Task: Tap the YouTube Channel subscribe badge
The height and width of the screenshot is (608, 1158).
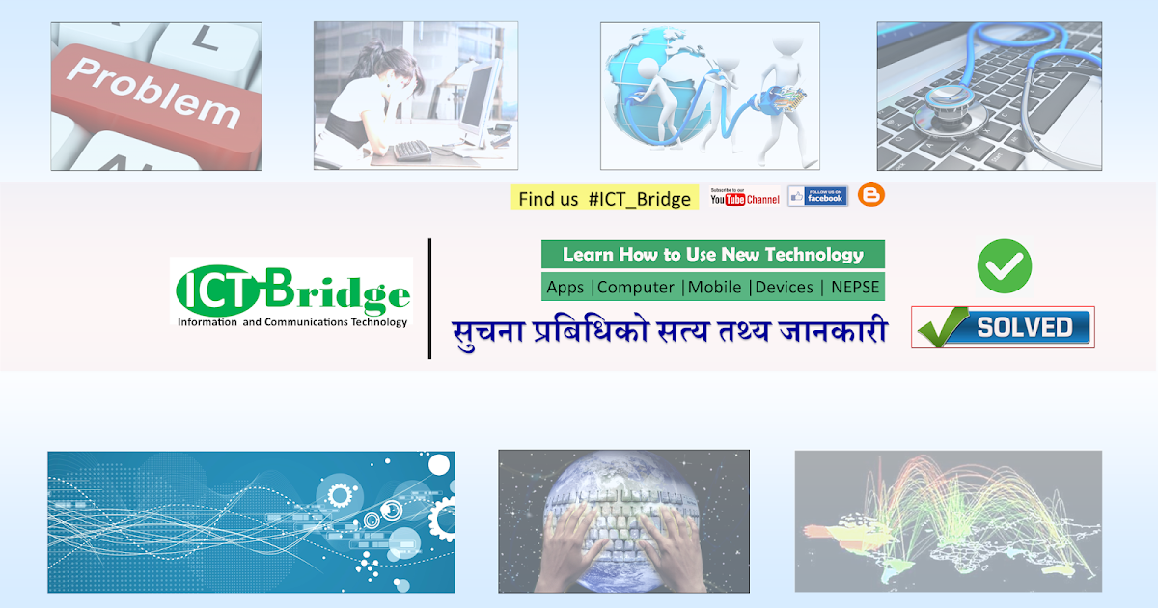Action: (x=744, y=197)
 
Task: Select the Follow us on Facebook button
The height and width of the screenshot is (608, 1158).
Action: (x=817, y=196)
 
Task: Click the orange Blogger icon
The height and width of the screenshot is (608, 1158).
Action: (x=871, y=195)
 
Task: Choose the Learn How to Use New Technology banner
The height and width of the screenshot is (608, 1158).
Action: (x=712, y=255)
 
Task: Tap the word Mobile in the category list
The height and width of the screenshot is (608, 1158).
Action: (x=715, y=287)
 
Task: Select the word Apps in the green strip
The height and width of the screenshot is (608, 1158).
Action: (x=565, y=287)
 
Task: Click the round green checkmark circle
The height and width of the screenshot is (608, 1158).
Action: (x=1004, y=265)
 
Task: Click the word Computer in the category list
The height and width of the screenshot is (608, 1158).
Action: (x=637, y=287)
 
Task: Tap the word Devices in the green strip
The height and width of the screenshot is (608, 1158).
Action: (x=784, y=287)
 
